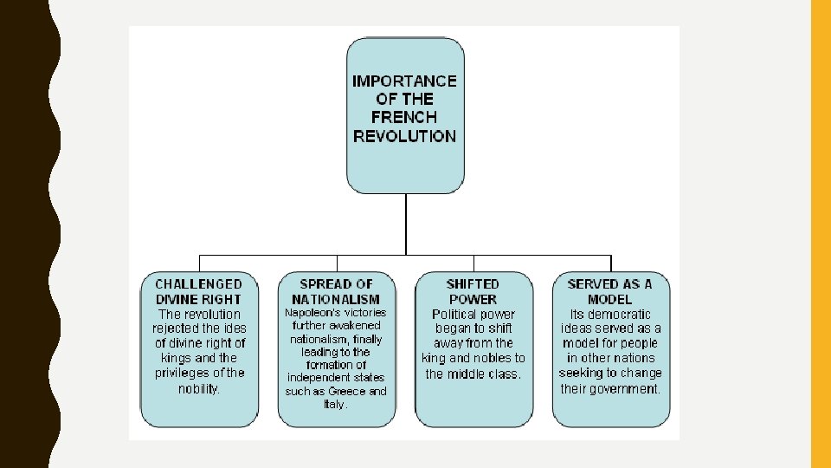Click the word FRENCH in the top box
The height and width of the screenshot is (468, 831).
[404, 117]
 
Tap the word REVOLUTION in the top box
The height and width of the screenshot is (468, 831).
[404, 136]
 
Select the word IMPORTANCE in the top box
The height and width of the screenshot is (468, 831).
[404, 81]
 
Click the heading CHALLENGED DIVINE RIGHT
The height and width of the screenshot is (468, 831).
[199, 291]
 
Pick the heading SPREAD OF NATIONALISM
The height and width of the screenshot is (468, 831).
[336, 291]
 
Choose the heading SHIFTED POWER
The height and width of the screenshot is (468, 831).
[473, 291]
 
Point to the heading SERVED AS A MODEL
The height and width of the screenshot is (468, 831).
[609, 291]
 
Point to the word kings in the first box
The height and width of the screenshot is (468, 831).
[177, 358]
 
